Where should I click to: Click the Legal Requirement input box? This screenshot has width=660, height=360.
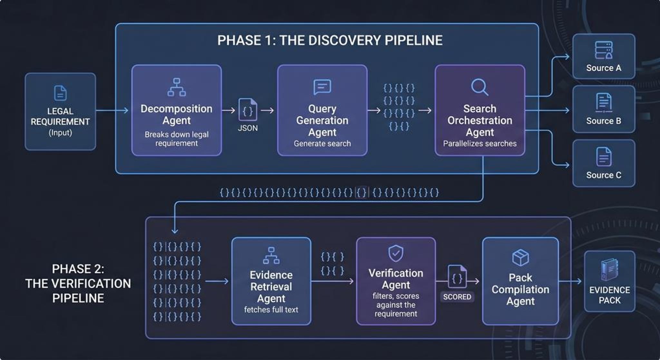pos(60,112)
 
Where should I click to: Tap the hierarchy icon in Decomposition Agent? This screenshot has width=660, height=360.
pos(177,87)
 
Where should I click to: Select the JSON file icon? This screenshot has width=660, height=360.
pos(247,110)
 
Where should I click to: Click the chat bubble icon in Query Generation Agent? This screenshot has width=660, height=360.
pos(322,87)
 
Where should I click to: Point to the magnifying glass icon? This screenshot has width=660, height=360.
pos(480,87)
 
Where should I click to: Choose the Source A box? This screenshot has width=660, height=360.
pos(604,56)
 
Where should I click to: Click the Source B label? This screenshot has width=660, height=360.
pos(604,121)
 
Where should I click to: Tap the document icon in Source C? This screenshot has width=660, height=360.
pos(604,157)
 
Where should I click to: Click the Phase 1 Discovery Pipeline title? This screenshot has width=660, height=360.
pos(330,41)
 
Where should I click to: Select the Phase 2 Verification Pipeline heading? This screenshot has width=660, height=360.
pos(78,284)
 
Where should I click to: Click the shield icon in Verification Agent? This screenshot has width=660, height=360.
pos(396,253)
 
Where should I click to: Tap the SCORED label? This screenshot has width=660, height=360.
pos(457,297)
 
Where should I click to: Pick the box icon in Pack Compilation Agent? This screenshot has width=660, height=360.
pos(520,258)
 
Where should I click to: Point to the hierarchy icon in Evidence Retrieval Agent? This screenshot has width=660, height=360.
pos(271,256)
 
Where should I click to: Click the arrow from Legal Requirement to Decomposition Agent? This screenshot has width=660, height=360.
pos(112,111)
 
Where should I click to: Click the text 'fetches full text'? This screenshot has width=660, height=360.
pos(271,310)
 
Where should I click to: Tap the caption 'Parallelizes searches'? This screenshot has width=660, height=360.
pos(480,144)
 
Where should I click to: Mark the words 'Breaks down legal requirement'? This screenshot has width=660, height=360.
pos(177,139)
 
